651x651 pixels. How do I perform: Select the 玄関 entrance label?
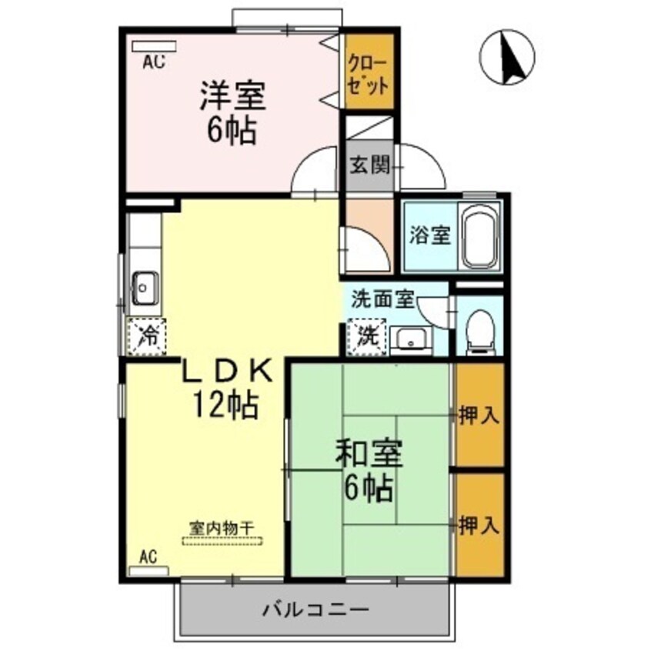coord(369,165)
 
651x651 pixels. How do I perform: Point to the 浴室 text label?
coord(429,235)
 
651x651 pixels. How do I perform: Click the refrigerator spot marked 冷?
coord(145,336)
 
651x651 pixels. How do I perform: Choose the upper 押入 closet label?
coord(479,416)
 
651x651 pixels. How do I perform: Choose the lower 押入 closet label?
coord(479,526)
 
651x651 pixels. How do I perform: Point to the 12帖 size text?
coord(225,403)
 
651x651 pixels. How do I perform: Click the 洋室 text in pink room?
coord(232,96)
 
